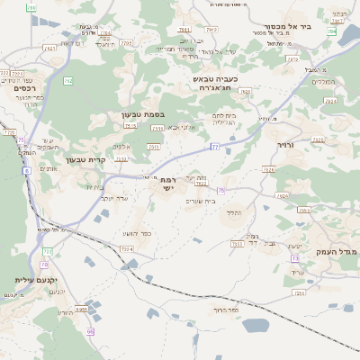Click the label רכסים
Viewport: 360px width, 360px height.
click(24, 88)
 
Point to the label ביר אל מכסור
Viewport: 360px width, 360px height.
click(288, 27)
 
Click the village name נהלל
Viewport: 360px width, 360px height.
click(231, 212)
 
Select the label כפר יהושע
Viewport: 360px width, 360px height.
click(135, 233)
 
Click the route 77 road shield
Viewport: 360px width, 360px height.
click(215, 145)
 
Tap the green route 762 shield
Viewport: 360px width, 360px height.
click(67, 81)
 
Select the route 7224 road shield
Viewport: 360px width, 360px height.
click(126, 248)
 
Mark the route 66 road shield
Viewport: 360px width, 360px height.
click(90, 331)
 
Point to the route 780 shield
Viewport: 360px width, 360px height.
click(31, 7)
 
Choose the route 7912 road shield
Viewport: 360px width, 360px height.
click(125, 42)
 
